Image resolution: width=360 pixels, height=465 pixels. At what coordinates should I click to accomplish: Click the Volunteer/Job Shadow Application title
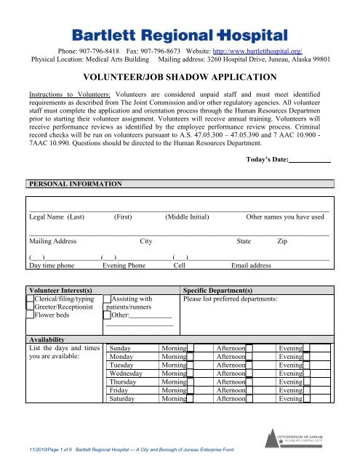(x=179, y=77)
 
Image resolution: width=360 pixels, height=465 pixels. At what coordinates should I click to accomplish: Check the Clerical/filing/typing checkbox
(x=29, y=299)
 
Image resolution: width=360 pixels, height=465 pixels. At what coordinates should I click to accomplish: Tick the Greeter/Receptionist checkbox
(x=29, y=307)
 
